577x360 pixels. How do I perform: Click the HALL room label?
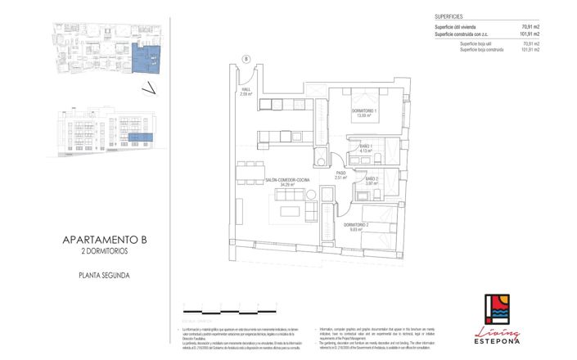pyautogui.click(x=246, y=92)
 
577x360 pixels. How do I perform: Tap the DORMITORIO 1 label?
pyautogui.click(x=363, y=113)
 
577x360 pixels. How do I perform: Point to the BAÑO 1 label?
pyautogui.click(x=365, y=149)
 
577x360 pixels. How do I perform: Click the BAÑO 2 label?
pyautogui.click(x=371, y=181)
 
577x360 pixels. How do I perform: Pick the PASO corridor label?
pyautogui.click(x=340, y=175)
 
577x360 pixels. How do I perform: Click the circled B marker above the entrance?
pyautogui.click(x=246, y=58)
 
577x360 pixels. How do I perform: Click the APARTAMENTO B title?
pyautogui.click(x=109, y=240)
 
